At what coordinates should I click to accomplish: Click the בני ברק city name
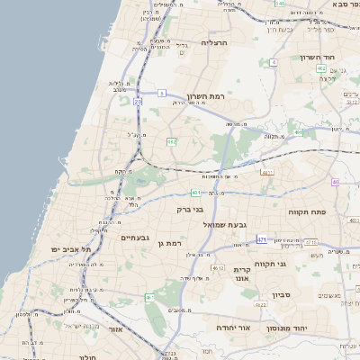tap(190, 209)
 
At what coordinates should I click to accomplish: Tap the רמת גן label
tap(168, 243)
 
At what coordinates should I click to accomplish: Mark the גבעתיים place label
tap(134, 238)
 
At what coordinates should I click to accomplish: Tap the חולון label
tap(87, 357)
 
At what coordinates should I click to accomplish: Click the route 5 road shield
tap(161, 93)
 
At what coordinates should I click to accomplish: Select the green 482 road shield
tap(171, 141)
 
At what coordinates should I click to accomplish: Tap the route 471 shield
tap(262, 239)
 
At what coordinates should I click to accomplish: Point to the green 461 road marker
tap(150, 297)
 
